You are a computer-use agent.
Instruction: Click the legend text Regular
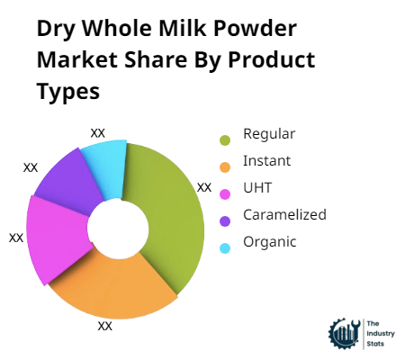(x=269, y=135)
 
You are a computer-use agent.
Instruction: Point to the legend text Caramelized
(x=284, y=214)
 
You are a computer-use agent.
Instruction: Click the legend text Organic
(x=269, y=241)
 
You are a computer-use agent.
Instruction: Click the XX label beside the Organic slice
(x=98, y=132)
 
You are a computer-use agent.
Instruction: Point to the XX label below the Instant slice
(x=105, y=326)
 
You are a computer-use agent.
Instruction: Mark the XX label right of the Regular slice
(x=204, y=187)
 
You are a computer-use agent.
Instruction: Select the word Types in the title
(x=68, y=93)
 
